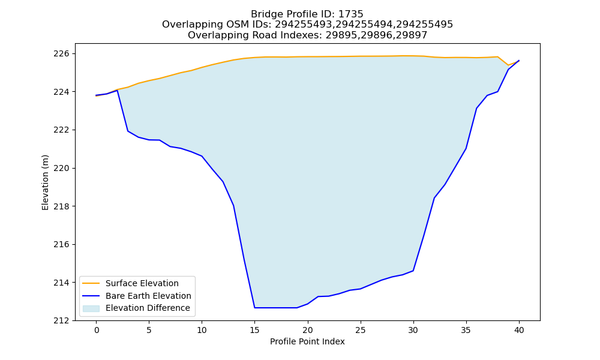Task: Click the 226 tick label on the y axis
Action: tap(61, 53)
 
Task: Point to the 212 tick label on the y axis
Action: tap(61, 320)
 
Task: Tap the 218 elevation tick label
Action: tap(61, 206)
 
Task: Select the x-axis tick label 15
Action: tap(255, 330)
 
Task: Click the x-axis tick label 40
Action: tap(519, 330)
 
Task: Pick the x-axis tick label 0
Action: tap(97, 330)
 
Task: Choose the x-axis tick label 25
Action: tap(361, 330)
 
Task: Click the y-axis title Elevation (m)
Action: tap(45, 182)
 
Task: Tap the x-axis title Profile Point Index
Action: tap(307, 341)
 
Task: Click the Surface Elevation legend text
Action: tap(142, 283)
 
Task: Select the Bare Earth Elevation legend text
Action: tap(148, 296)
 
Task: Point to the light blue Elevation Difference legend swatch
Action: tap(91, 308)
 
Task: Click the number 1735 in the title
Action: tap(351, 14)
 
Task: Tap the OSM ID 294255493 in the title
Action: tap(304, 25)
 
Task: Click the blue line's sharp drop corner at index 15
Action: tap(255, 308)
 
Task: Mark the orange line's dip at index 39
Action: tap(508, 65)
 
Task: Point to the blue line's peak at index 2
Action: tap(117, 90)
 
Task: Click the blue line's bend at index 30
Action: tap(413, 271)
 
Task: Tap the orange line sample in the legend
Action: tap(91, 283)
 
